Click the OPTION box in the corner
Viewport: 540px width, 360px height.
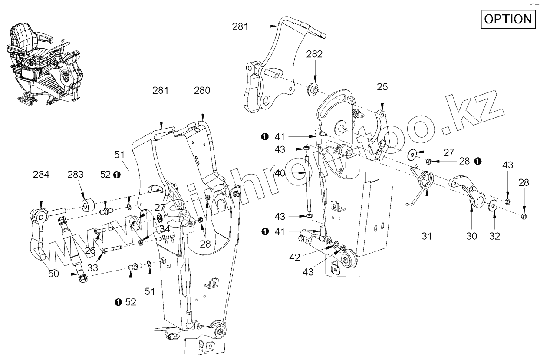[507, 19]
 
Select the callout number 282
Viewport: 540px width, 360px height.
[314, 54]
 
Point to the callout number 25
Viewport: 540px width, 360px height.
[382, 87]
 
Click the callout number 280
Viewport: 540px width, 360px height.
[202, 91]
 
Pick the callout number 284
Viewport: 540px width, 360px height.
[41, 175]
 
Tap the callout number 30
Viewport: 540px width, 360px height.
[471, 236]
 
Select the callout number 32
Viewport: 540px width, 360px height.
[494, 236]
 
